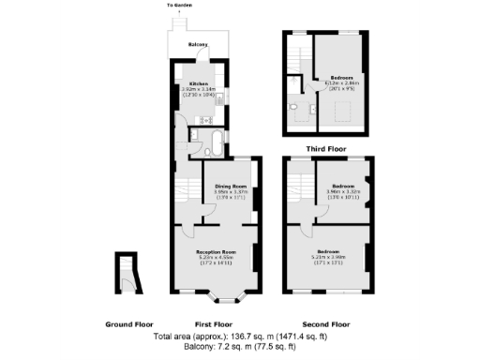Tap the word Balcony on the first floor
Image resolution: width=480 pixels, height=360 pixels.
pos(198,44)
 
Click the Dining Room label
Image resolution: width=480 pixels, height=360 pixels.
pos(231,187)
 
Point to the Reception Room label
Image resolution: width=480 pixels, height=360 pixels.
pos(215,252)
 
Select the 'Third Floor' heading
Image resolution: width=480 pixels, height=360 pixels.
pos(327,148)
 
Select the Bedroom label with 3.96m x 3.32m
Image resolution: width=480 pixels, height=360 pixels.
pos(341,186)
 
